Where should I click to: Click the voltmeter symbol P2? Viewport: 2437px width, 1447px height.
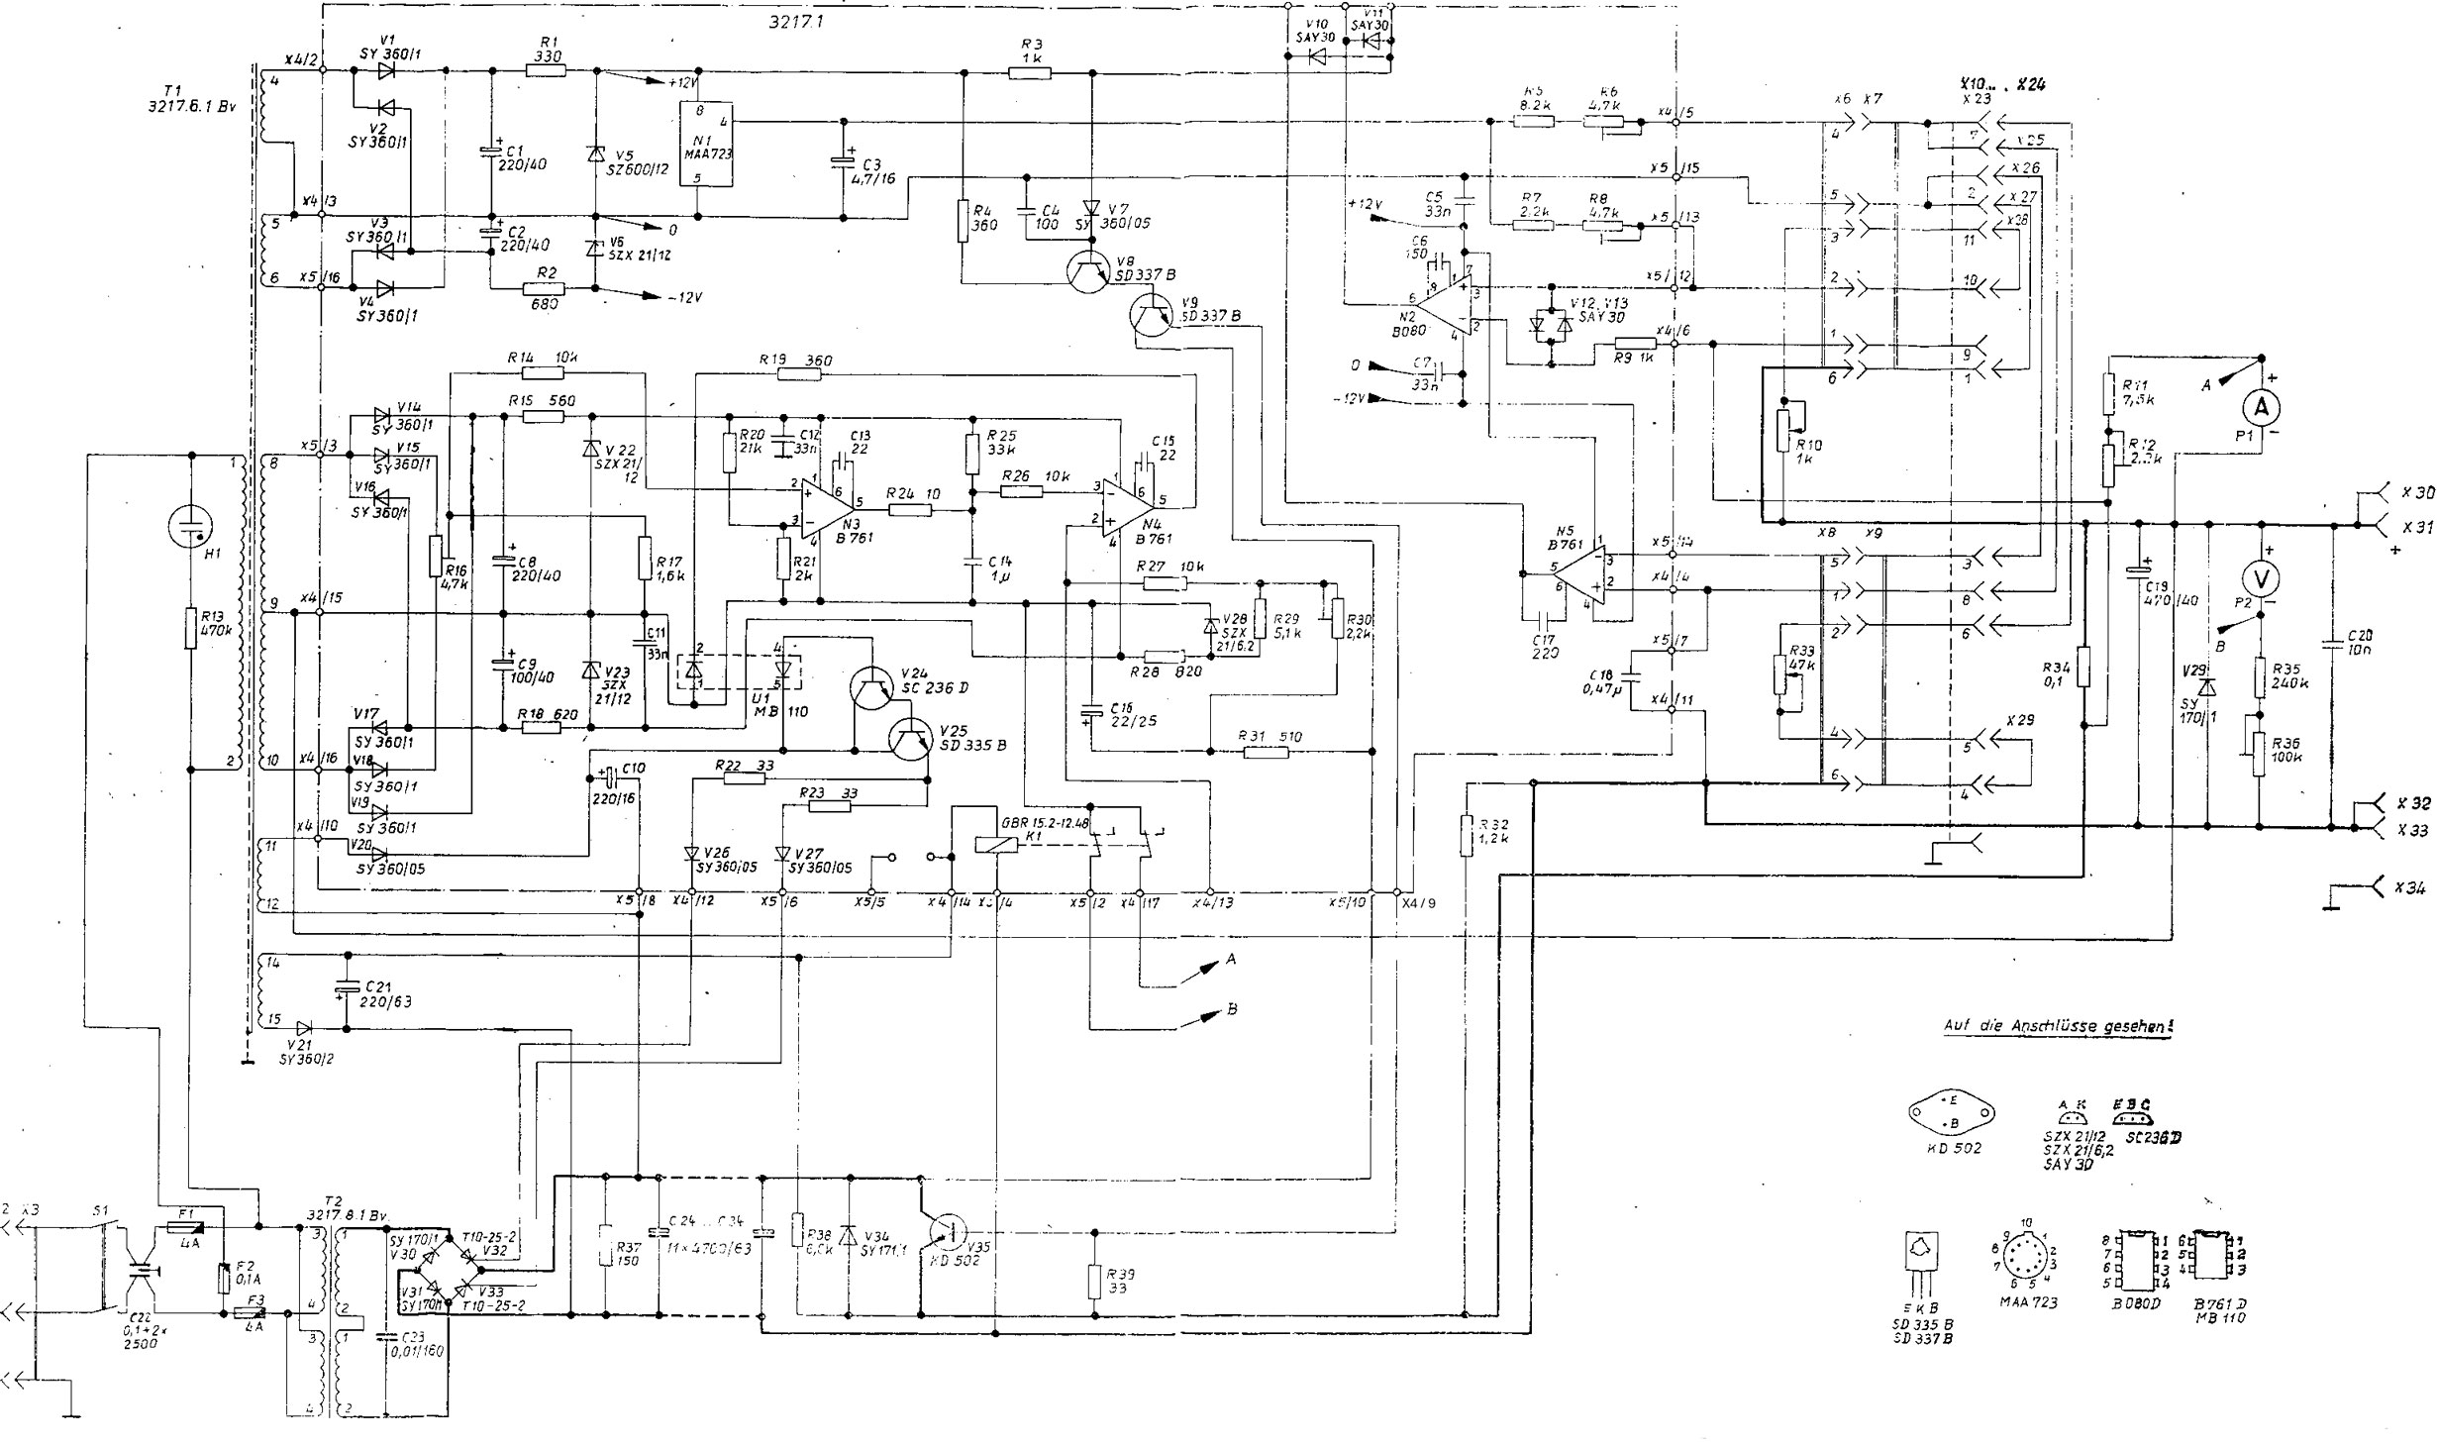tap(2260, 578)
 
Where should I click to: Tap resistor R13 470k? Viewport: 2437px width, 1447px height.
tap(189, 628)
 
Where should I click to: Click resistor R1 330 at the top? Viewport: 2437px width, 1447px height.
tap(545, 70)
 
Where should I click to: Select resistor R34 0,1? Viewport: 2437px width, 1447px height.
tap(2083, 666)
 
